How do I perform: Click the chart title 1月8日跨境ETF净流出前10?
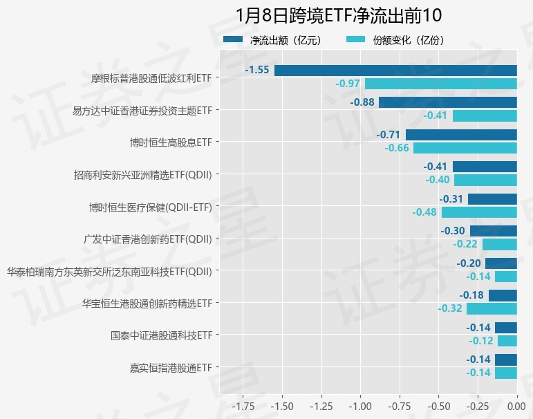click(338, 15)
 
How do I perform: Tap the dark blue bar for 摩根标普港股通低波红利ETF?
click(395, 70)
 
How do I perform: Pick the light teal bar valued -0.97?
click(441, 84)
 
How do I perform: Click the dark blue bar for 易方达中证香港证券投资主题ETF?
click(448, 102)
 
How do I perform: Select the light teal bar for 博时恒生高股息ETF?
click(465, 148)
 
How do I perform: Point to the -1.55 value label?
click(257, 70)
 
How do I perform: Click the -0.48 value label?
click(424, 212)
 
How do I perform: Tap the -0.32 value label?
click(450, 308)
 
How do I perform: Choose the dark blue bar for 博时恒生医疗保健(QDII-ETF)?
click(493, 199)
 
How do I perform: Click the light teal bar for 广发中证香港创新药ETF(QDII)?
click(500, 244)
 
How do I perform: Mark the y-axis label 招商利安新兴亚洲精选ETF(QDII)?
click(142, 174)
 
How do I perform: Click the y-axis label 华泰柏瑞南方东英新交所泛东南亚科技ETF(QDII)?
click(109, 271)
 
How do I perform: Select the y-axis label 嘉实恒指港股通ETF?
click(171, 367)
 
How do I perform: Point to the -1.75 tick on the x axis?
click(243, 404)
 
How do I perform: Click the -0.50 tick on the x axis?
click(439, 404)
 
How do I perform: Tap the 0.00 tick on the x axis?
click(517, 404)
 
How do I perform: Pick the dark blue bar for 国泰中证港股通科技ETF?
click(506, 328)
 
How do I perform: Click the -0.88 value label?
click(362, 102)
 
